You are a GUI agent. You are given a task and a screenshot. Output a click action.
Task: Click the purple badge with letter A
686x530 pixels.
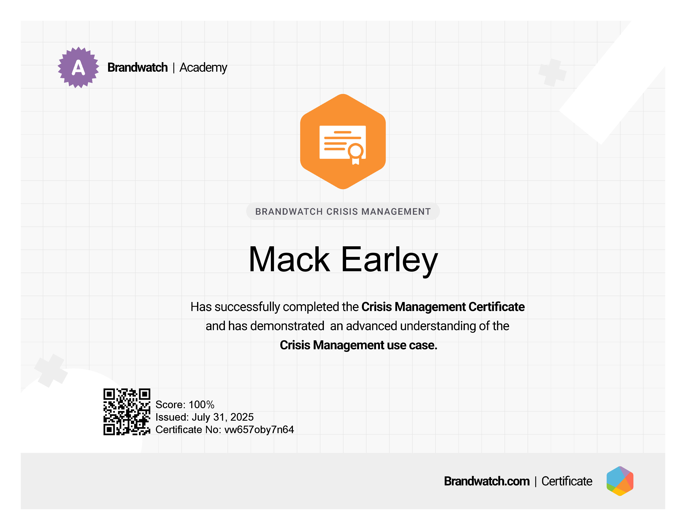click(78, 68)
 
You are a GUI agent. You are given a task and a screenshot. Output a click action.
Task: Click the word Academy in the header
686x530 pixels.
click(203, 68)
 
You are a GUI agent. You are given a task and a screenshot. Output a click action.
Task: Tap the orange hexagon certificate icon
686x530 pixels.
click(343, 142)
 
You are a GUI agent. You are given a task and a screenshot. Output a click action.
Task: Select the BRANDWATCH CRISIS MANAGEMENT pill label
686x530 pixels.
click(343, 211)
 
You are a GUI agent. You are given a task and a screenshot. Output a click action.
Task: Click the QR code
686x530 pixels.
click(127, 412)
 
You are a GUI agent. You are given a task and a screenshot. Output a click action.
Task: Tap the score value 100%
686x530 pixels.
click(201, 404)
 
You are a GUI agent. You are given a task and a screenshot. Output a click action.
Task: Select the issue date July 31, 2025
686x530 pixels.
click(223, 417)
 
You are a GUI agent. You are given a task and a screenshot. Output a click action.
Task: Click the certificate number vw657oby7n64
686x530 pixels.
click(259, 430)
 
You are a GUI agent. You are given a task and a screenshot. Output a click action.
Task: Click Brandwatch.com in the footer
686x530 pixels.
click(487, 481)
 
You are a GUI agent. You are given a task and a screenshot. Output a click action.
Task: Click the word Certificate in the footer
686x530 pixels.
click(567, 481)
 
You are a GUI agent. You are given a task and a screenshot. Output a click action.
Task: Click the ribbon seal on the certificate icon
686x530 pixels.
click(355, 154)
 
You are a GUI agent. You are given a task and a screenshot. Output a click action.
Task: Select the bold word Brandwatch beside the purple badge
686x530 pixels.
click(138, 68)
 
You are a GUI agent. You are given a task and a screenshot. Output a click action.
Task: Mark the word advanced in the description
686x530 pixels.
click(372, 326)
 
